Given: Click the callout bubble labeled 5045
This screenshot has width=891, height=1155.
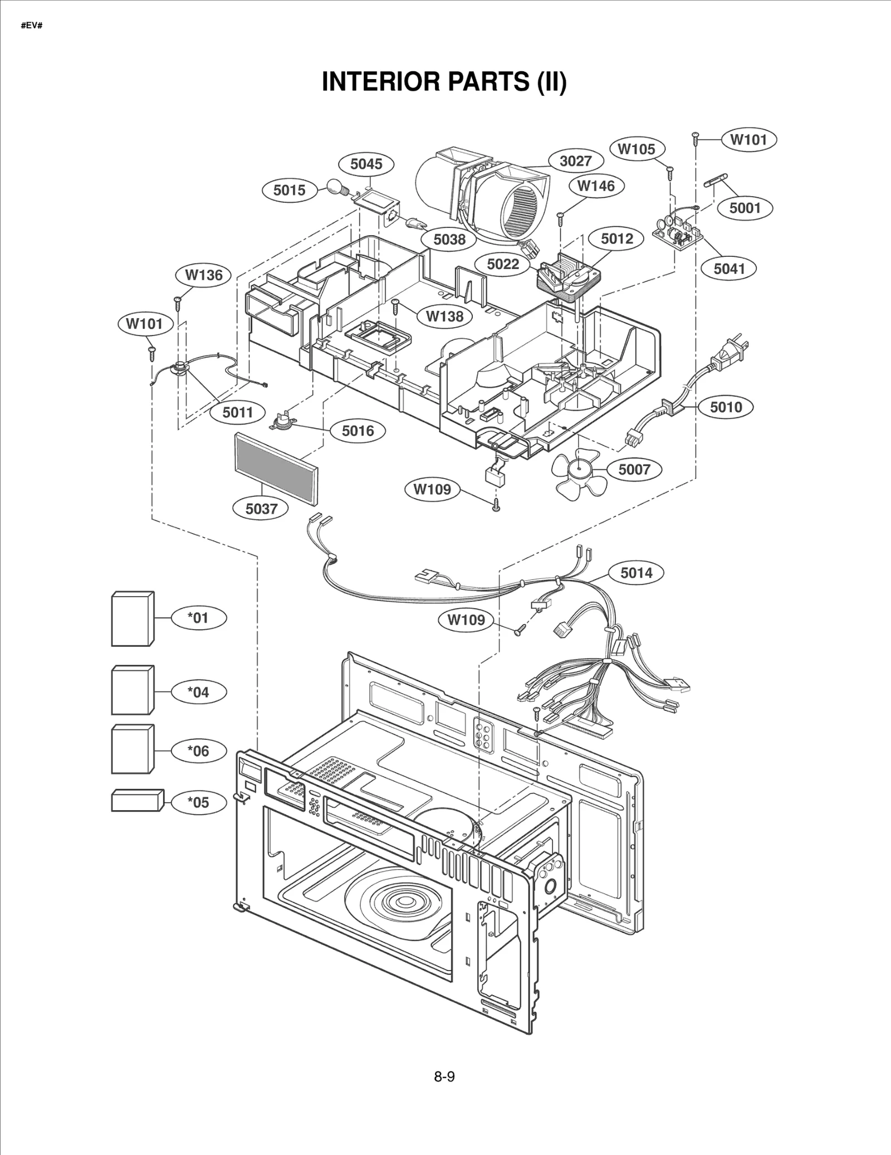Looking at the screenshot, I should (366, 164).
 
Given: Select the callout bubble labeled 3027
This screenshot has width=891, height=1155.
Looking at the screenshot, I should (575, 161).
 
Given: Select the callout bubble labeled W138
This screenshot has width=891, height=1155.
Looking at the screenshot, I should (444, 316).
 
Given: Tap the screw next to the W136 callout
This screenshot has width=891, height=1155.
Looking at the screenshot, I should (178, 301).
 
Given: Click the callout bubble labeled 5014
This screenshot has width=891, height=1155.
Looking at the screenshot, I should (636, 573).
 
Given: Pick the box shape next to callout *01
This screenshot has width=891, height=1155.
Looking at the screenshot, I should (133, 619).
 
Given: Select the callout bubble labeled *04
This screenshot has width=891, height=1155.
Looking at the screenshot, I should (198, 692).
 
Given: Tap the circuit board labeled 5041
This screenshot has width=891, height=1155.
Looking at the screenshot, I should (677, 233).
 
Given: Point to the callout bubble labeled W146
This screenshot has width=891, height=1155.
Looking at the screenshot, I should (596, 186).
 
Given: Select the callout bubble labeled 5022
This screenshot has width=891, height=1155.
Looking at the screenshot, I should (503, 264).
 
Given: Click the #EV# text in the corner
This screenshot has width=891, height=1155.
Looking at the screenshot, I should (32, 26).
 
